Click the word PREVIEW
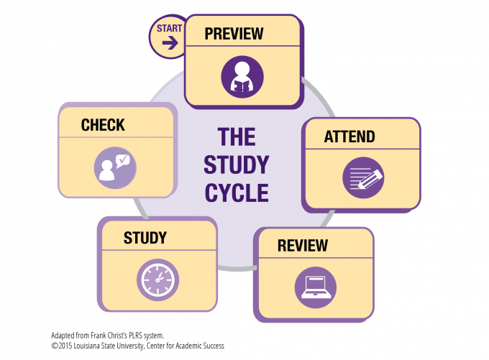tap(234, 34)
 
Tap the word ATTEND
tap(349, 137)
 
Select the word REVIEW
tap(303, 246)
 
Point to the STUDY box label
tap(145, 238)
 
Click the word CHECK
tap(103, 125)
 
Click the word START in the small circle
tap(170, 29)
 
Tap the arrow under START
tap(170, 43)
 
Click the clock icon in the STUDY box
tap(157, 280)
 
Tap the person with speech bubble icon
tap(115, 168)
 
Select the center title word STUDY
tap(236, 165)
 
